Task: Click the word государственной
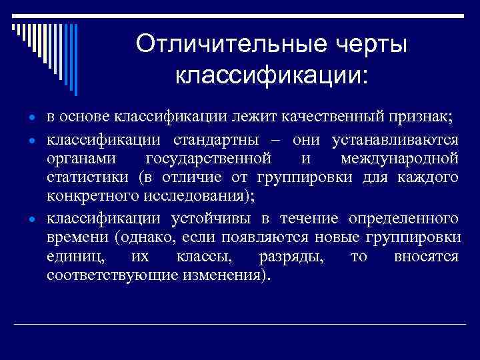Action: coord(207,159)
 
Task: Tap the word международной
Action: coord(399,159)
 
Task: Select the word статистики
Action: coord(89,178)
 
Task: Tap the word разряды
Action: coord(285,257)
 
